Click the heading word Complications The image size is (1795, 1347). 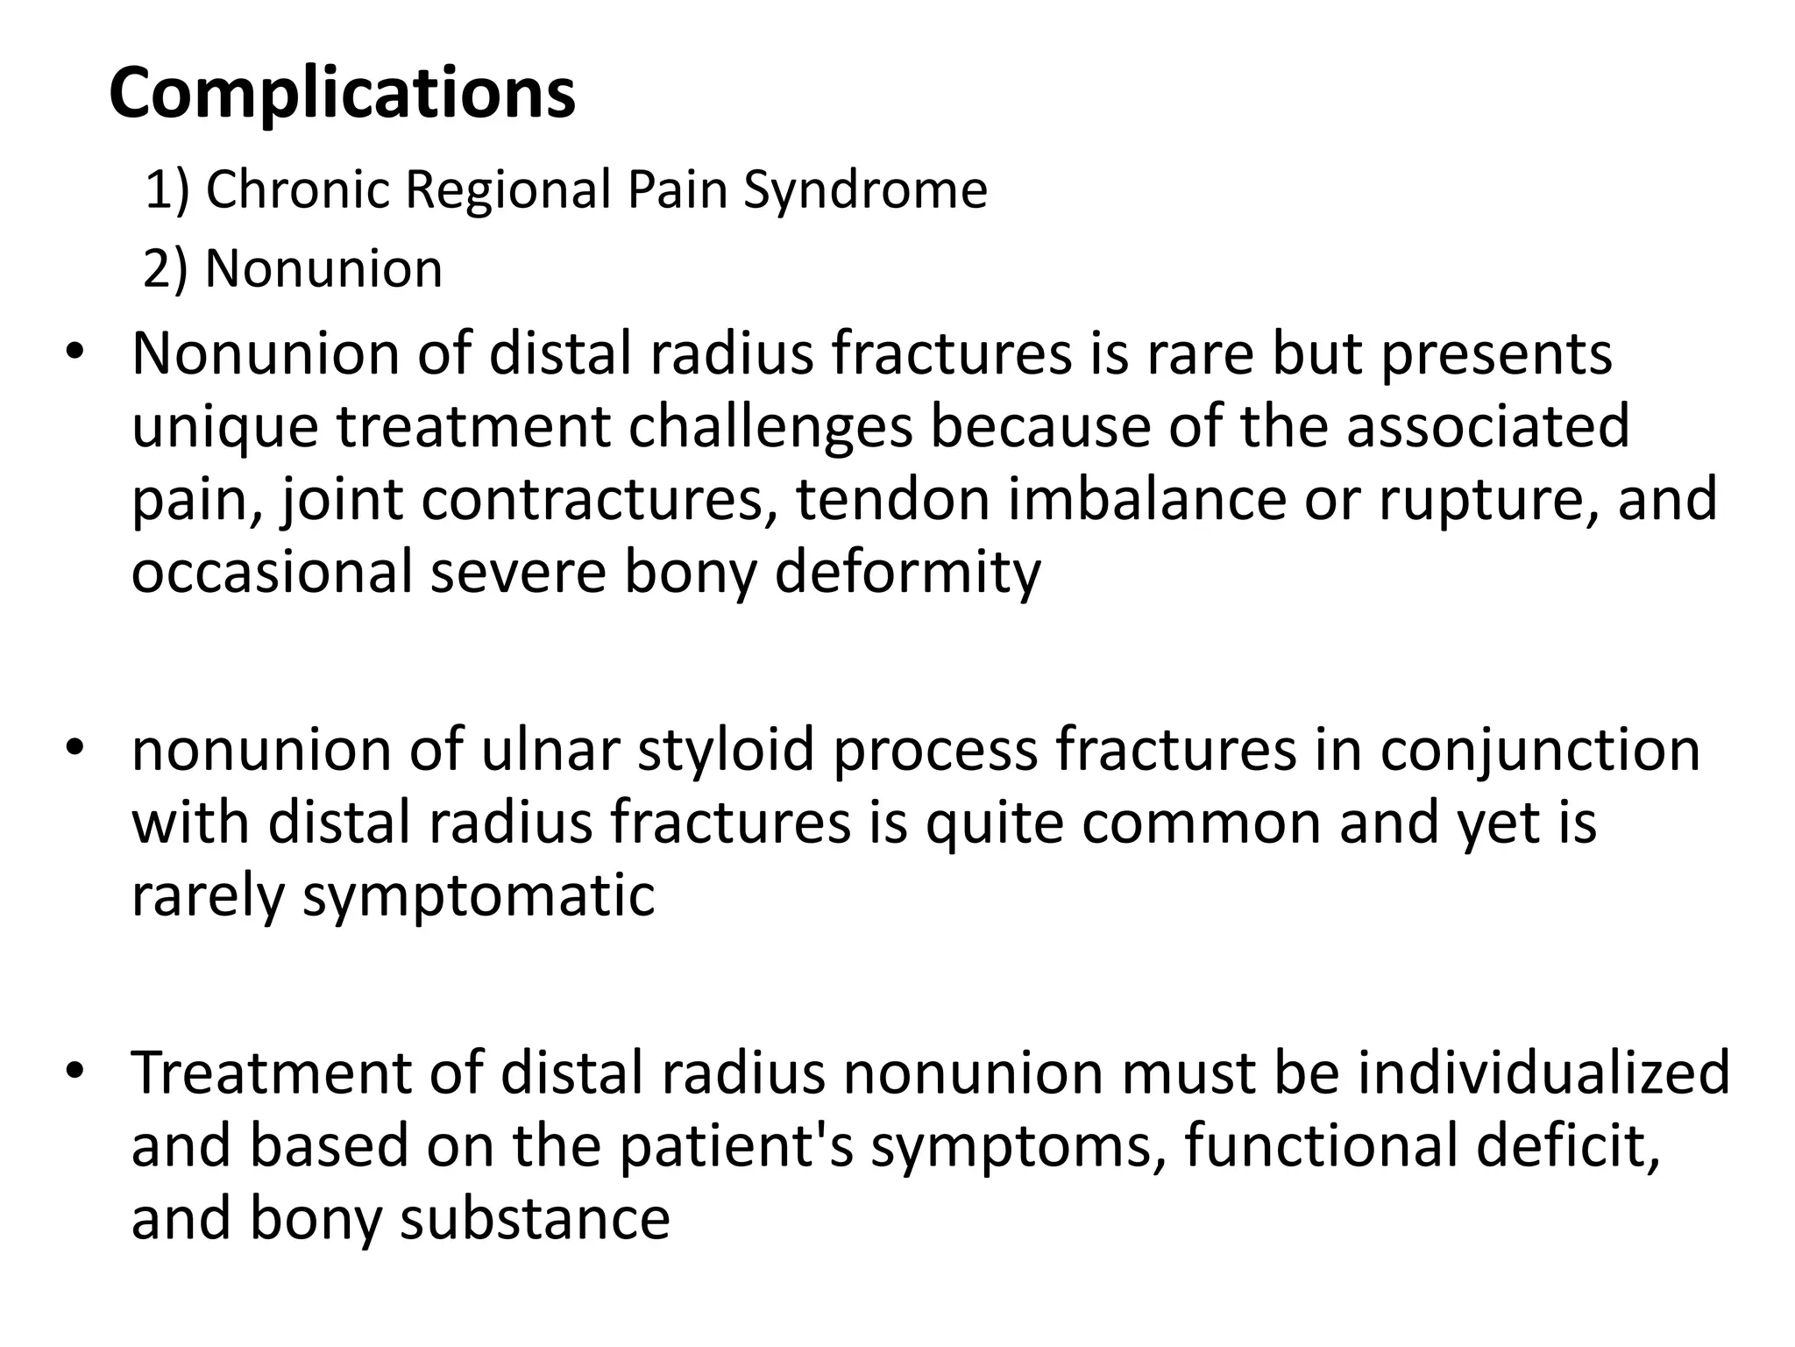click(342, 95)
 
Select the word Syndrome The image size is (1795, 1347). click(865, 189)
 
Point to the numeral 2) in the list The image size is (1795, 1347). click(166, 268)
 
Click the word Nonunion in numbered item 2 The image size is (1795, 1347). click(323, 268)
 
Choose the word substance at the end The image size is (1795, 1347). click(535, 1219)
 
